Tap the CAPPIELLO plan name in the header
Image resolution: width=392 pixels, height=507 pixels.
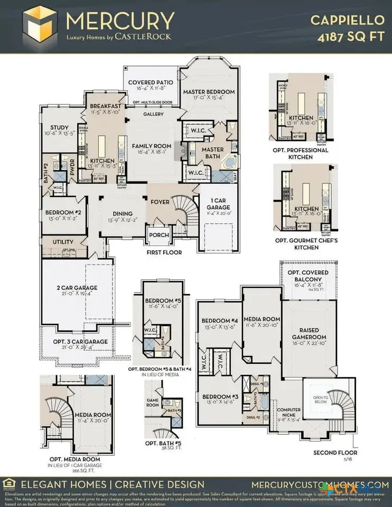click(347, 20)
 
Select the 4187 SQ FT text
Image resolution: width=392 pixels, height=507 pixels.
click(350, 37)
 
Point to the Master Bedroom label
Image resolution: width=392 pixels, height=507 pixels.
click(209, 92)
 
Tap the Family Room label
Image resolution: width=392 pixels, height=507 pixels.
click(152, 146)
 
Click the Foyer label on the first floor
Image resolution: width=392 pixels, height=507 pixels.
click(160, 201)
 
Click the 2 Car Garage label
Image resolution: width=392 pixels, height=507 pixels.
click(77, 288)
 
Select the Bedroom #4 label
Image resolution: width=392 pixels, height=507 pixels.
click(219, 320)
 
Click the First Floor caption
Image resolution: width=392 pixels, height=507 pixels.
click(164, 252)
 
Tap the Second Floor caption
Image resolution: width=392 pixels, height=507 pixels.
click(335, 453)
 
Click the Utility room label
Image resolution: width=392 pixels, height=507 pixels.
click(63, 242)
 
